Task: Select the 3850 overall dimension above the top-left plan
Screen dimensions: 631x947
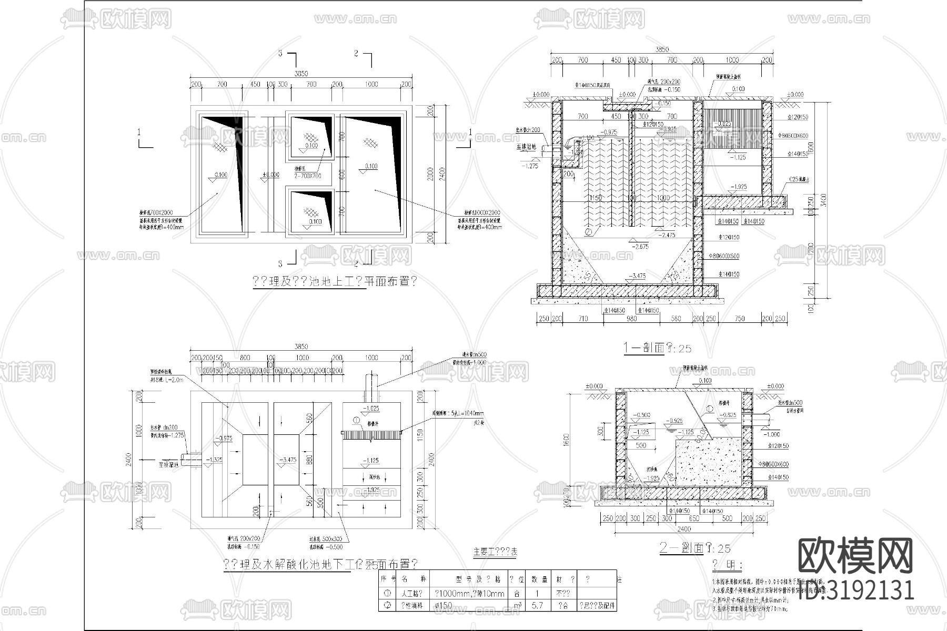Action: coord(301,74)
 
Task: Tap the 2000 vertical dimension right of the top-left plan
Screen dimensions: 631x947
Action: coord(430,174)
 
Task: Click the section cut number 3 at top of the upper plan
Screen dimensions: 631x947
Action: coord(280,54)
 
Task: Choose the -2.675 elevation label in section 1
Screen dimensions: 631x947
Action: coord(640,246)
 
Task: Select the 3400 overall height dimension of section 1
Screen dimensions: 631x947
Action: coord(824,200)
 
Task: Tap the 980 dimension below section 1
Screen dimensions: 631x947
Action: coord(631,319)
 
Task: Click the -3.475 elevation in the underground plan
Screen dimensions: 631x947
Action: coord(288,459)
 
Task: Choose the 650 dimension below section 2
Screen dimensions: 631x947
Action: coord(694,518)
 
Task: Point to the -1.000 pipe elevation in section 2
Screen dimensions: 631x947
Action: coord(772,434)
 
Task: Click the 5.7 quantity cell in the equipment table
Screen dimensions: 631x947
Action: coord(537,606)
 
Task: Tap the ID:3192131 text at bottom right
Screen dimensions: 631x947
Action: coord(857,590)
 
